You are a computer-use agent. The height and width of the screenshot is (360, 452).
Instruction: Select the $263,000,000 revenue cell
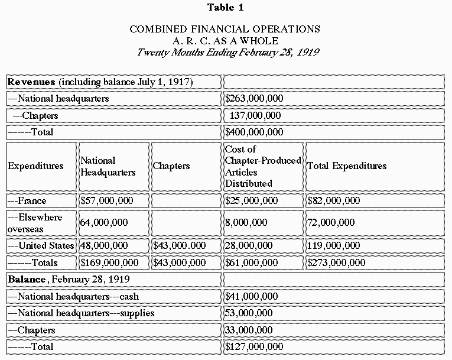[x=254, y=99]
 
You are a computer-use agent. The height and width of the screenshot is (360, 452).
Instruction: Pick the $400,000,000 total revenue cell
[x=254, y=132]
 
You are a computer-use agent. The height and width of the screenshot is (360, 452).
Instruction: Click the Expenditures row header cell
[x=35, y=166]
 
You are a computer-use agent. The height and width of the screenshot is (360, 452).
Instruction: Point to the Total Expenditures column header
[x=347, y=166]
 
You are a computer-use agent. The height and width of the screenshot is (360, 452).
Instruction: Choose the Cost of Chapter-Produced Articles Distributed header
[x=263, y=166]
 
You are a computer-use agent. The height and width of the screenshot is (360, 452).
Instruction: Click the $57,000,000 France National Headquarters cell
[x=107, y=200]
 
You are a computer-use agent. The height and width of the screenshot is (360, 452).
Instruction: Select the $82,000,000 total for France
[x=334, y=200]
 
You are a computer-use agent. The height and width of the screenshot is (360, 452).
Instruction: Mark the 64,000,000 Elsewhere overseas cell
[x=104, y=222]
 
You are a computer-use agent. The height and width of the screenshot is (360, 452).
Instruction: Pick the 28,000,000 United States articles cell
[x=249, y=245]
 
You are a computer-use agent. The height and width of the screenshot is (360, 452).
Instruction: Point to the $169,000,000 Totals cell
[x=110, y=262]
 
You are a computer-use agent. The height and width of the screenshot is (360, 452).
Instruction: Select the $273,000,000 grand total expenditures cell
[x=337, y=262]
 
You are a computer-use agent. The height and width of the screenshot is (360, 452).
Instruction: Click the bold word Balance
[x=28, y=278]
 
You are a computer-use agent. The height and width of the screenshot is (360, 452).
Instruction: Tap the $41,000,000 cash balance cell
[x=252, y=296]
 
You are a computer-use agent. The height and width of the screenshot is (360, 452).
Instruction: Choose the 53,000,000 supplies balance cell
[x=249, y=313]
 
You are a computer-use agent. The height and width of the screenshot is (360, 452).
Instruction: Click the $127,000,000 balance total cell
[x=254, y=346]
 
